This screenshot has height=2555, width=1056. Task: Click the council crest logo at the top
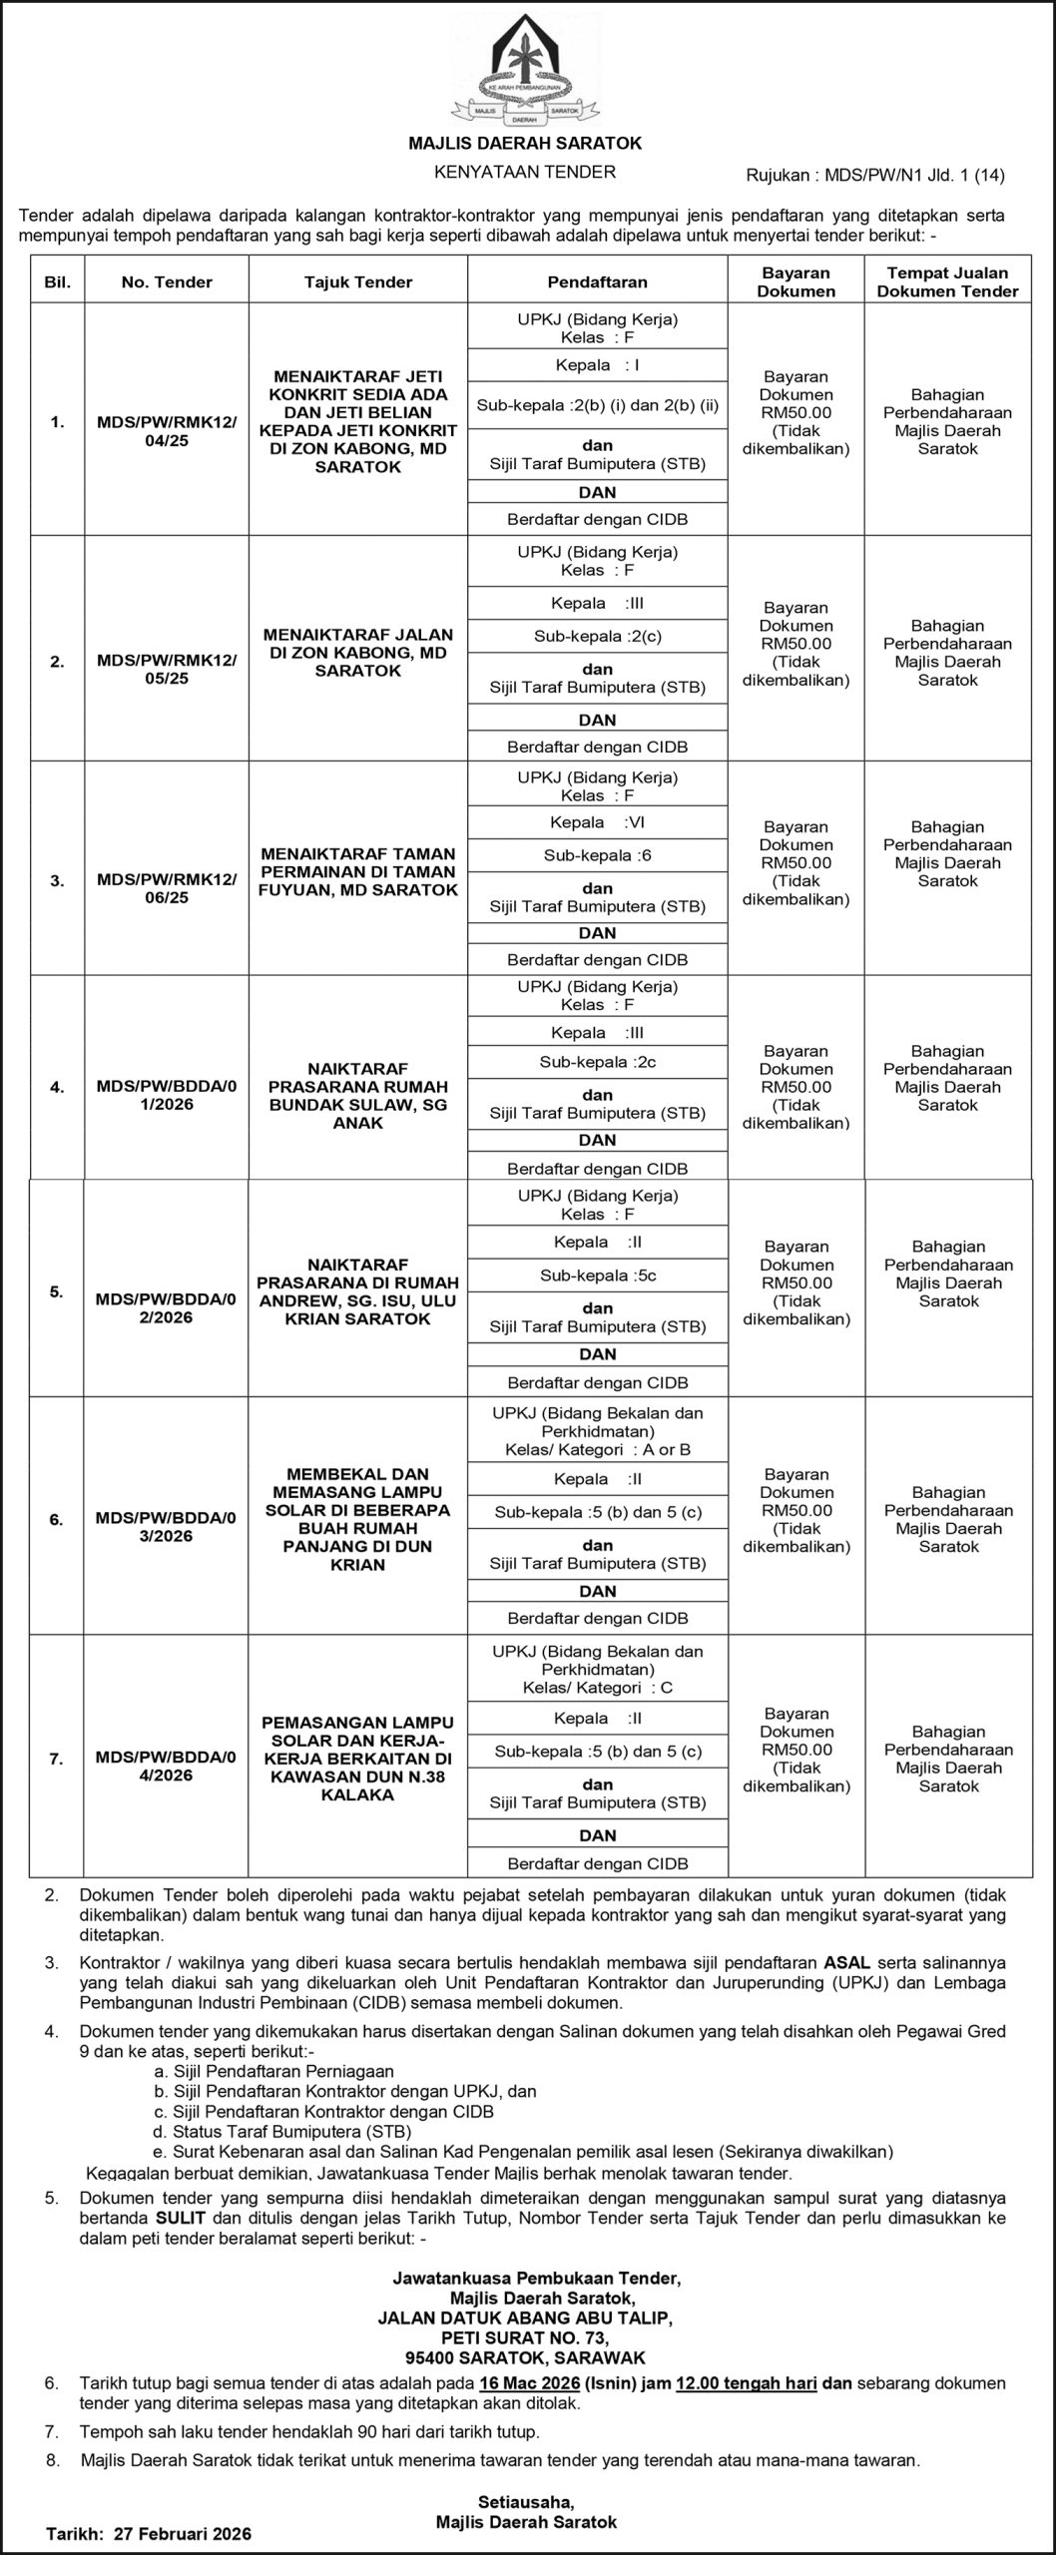pyautogui.click(x=525, y=71)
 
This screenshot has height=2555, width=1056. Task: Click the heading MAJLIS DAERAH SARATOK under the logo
pyautogui.click(x=525, y=144)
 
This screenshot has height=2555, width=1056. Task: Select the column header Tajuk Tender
pyautogui.click(x=358, y=282)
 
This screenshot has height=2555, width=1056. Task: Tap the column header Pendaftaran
pyautogui.click(x=597, y=282)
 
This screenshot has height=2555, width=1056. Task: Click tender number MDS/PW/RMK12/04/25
pyautogui.click(x=167, y=431)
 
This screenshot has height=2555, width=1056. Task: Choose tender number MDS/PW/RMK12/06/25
pyautogui.click(x=167, y=888)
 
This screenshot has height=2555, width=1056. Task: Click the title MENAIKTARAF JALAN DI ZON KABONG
pyautogui.click(x=358, y=653)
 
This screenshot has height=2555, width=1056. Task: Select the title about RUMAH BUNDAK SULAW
pyautogui.click(x=358, y=1096)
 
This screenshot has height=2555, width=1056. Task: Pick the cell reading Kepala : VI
pyautogui.click(x=597, y=823)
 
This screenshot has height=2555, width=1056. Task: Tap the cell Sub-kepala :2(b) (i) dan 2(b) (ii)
pyautogui.click(x=597, y=406)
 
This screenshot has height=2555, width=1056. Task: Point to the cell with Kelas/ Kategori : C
pyautogui.click(x=597, y=1688)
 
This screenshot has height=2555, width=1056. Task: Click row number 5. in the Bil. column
pyautogui.click(x=57, y=1291)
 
